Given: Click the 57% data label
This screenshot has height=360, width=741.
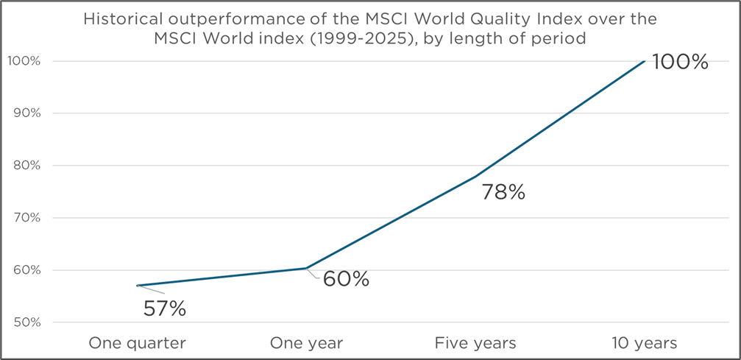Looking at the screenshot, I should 165,308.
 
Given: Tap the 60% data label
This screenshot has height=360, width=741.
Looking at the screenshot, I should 346,280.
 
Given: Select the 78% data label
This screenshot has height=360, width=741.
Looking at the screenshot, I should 503,193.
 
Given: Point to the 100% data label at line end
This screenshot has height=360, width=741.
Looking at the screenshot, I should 680,62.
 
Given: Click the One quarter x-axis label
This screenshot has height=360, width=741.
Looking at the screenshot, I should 137,343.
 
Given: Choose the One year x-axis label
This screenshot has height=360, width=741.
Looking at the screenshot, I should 306,343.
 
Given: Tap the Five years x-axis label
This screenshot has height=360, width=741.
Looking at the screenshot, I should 475,343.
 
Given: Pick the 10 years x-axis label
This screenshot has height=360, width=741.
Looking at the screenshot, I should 645,343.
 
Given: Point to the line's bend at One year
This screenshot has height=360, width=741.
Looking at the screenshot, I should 306,268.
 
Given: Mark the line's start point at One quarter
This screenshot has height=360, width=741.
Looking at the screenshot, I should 138,286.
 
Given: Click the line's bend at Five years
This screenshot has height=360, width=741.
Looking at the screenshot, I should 475,177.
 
